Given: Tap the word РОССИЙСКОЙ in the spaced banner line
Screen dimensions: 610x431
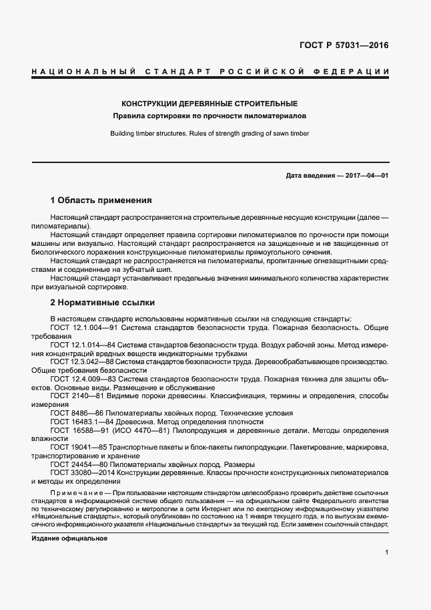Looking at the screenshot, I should coord(250,71).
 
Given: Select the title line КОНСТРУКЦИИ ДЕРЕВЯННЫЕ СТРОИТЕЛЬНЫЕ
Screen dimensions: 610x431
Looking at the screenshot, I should coord(209,104).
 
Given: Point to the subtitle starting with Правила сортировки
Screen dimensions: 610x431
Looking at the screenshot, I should coord(209,116).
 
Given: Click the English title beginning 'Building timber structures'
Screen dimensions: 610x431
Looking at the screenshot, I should coord(209,134).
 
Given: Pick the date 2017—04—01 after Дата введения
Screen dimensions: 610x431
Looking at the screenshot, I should coord(365,176).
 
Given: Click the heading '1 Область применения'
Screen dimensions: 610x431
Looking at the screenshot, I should coord(101,200).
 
